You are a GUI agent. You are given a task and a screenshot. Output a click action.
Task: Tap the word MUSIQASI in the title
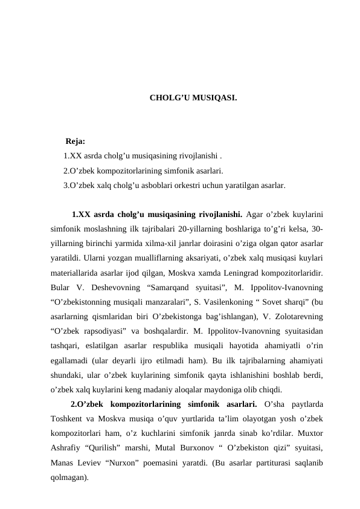[214, 97]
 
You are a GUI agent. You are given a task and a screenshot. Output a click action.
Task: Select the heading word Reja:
[75, 142]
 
